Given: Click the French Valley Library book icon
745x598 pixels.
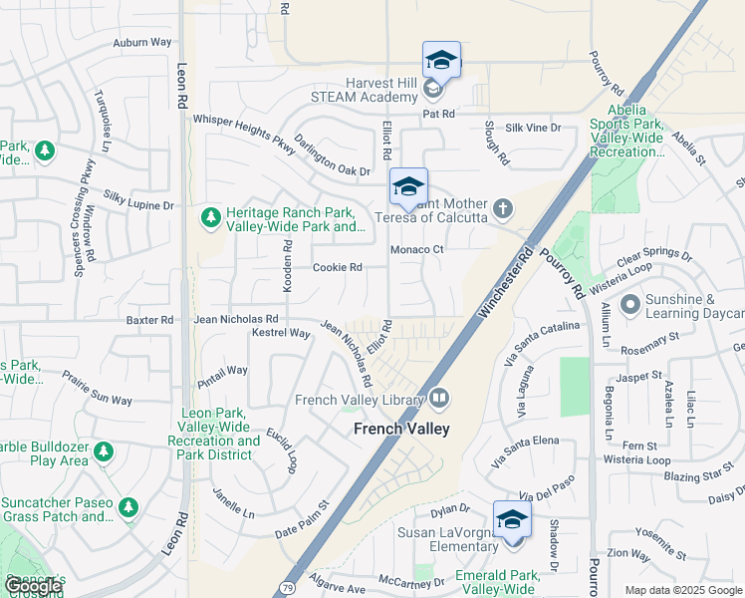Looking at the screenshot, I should pyautogui.click(x=438, y=400).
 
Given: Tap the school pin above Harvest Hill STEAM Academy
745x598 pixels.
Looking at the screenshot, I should pyautogui.click(x=441, y=60).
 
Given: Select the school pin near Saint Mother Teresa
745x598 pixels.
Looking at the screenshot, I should pyautogui.click(x=407, y=187).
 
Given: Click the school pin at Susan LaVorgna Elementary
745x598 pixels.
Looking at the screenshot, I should pyautogui.click(x=512, y=520).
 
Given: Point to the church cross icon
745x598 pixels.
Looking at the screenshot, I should pyautogui.click(x=504, y=209).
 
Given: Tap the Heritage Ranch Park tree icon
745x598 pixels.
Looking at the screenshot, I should pyautogui.click(x=210, y=216).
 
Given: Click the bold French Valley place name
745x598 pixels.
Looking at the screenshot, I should pyautogui.click(x=401, y=429).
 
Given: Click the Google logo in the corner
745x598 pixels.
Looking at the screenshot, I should pyautogui.click(x=32, y=586).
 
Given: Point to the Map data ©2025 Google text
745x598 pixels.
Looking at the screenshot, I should pyautogui.click(x=682, y=590).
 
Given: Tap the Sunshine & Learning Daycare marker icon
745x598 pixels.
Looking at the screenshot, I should pyautogui.click(x=629, y=304).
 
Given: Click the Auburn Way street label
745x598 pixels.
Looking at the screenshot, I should pyautogui.click(x=141, y=43).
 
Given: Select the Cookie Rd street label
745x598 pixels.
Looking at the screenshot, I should pyautogui.click(x=337, y=267).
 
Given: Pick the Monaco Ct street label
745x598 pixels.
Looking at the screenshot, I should pyautogui.click(x=416, y=249).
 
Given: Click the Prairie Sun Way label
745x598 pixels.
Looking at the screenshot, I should pyautogui.click(x=97, y=389).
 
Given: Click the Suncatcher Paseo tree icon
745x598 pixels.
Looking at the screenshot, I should pyautogui.click(x=127, y=508).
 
